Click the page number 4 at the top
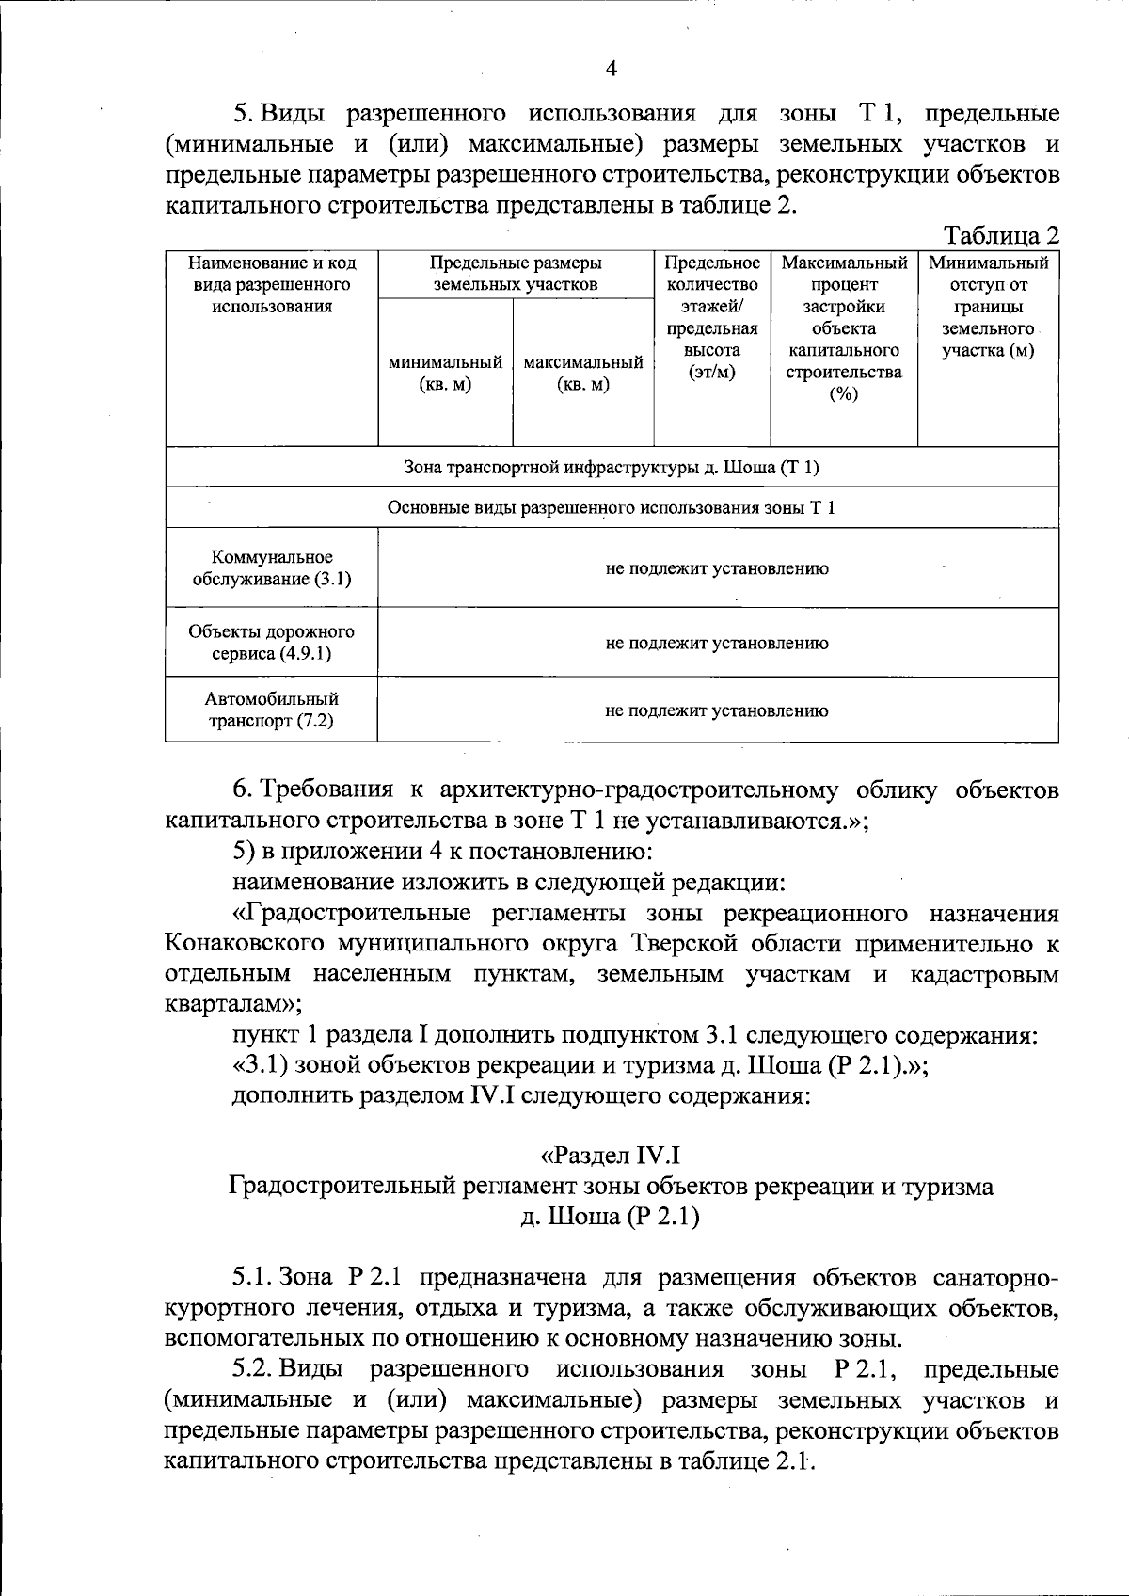click(x=612, y=68)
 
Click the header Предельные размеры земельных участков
click(x=516, y=273)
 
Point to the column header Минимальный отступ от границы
click(x=988, y=307)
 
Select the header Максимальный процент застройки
click(x=844, y=327)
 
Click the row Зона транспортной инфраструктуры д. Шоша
click(x=612, y=467)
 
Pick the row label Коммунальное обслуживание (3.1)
click(x=271, y=567)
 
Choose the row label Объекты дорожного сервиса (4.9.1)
click(x=271, y=642)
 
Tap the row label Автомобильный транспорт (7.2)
click(x=271, y=710)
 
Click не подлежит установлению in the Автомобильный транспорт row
click(x=716, y=710)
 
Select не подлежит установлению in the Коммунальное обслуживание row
click(x=716, y=568)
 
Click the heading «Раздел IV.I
click(x=611, y=1154)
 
